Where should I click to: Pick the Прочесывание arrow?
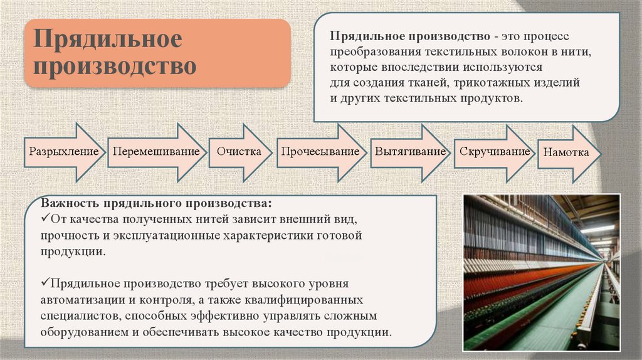click(320, 152)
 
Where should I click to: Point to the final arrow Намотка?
click(567, 153)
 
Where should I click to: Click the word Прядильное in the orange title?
click(108, 40)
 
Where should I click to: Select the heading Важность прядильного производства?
click(157, 204)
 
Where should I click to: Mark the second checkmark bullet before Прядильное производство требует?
click(45, 284)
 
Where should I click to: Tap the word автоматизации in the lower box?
click(76, 300)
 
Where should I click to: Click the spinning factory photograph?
click(541, 272)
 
